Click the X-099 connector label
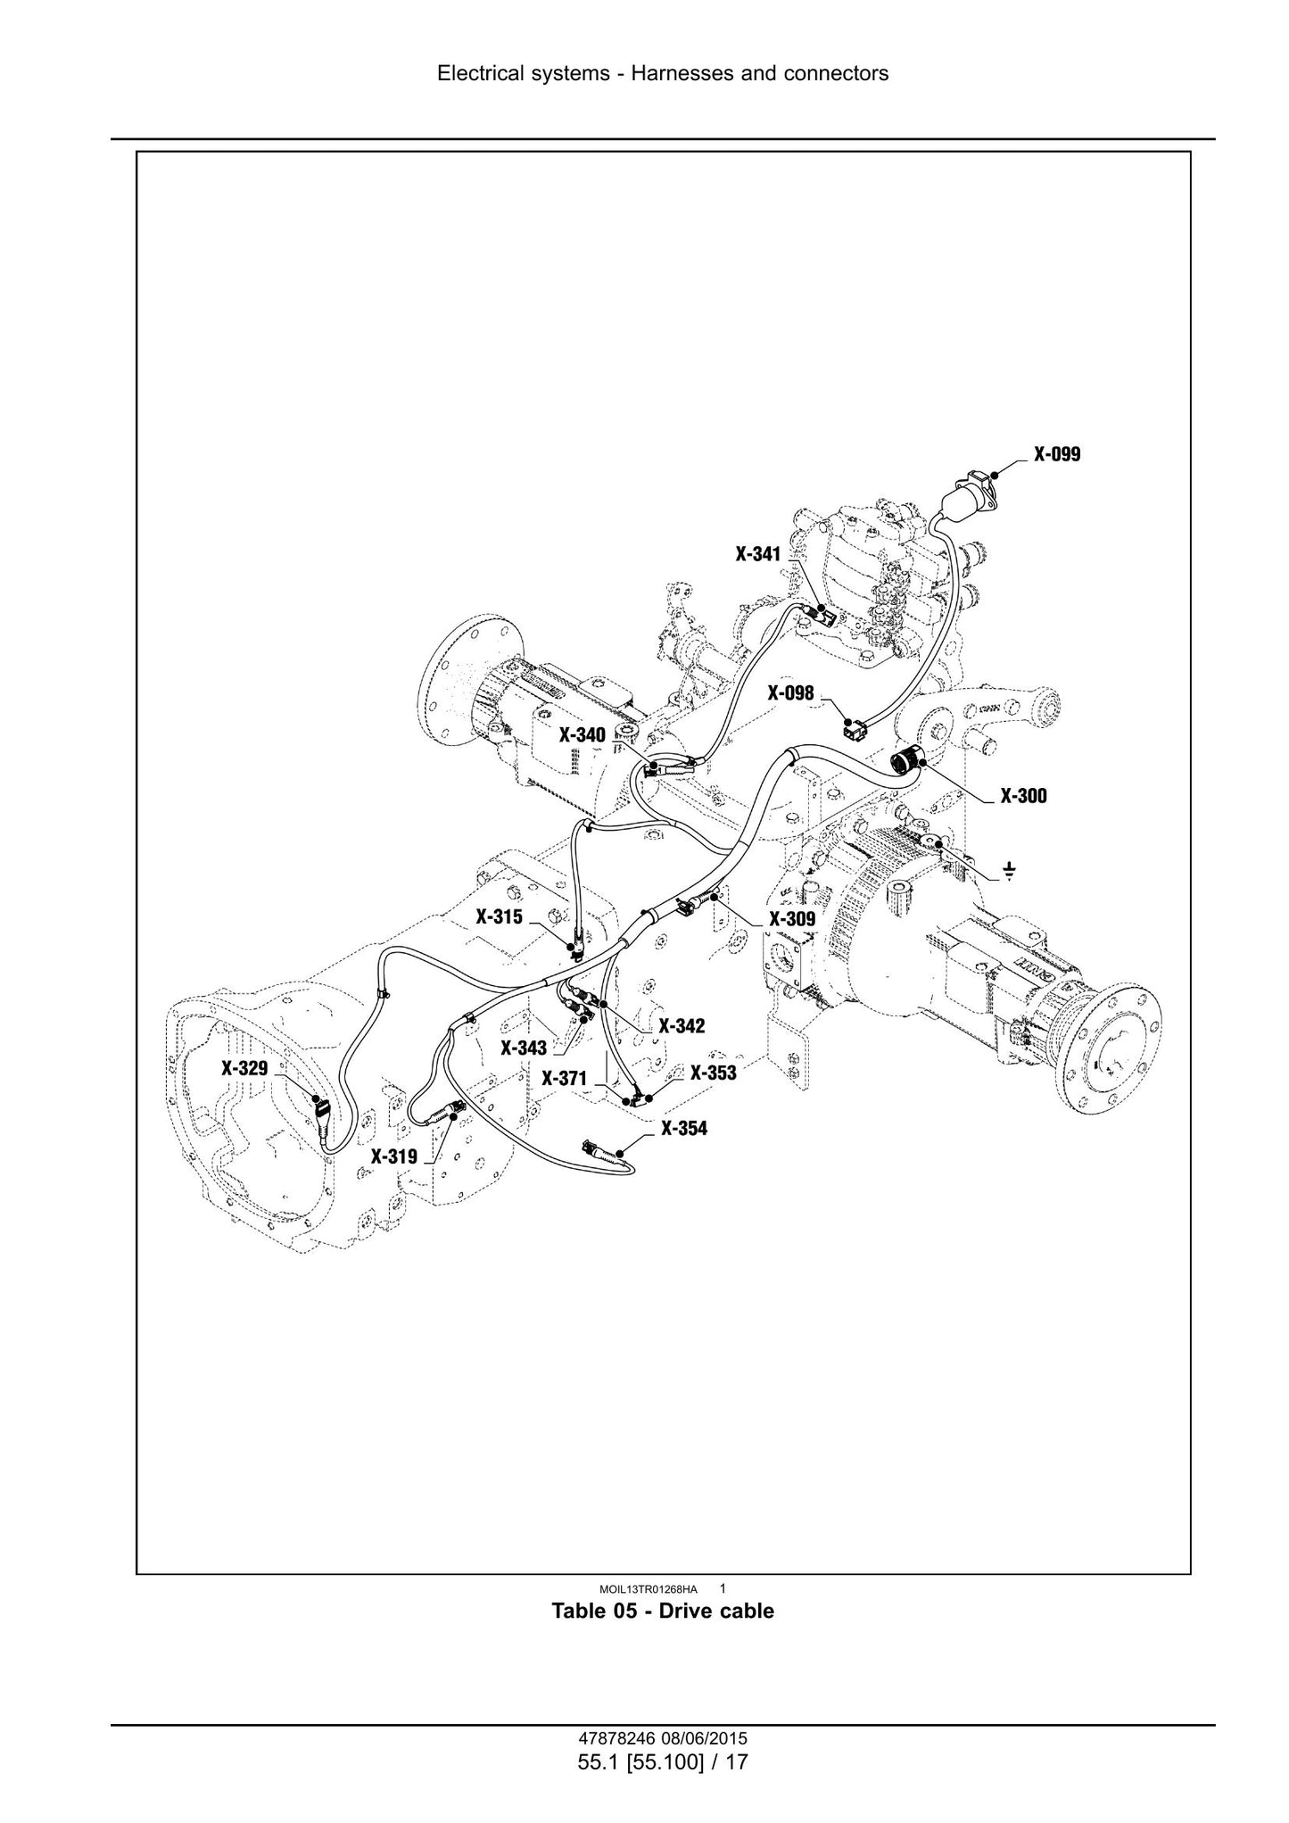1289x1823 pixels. tap(1057, 454)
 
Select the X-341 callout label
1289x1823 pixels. tap(758, 554)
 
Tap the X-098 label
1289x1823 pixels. tap(791, 692)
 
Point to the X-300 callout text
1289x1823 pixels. tap(1024, 796)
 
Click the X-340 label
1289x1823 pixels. tap(583, 735)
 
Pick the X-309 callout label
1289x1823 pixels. tap(792, 918)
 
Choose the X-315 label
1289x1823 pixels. tap(500, 916)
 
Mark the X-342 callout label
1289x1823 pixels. tap(682, 1027)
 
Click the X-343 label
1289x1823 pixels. tap(524, 1048)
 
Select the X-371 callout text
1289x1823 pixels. tap(565, 1079)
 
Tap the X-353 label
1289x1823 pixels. tap(714, 1073)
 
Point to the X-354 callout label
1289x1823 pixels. tap(684, 1129)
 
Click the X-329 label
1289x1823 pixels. tap(244, 1068)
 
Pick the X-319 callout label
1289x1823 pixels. tap(394, 1157)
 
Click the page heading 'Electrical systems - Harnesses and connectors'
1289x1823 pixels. tap(663, 73)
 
